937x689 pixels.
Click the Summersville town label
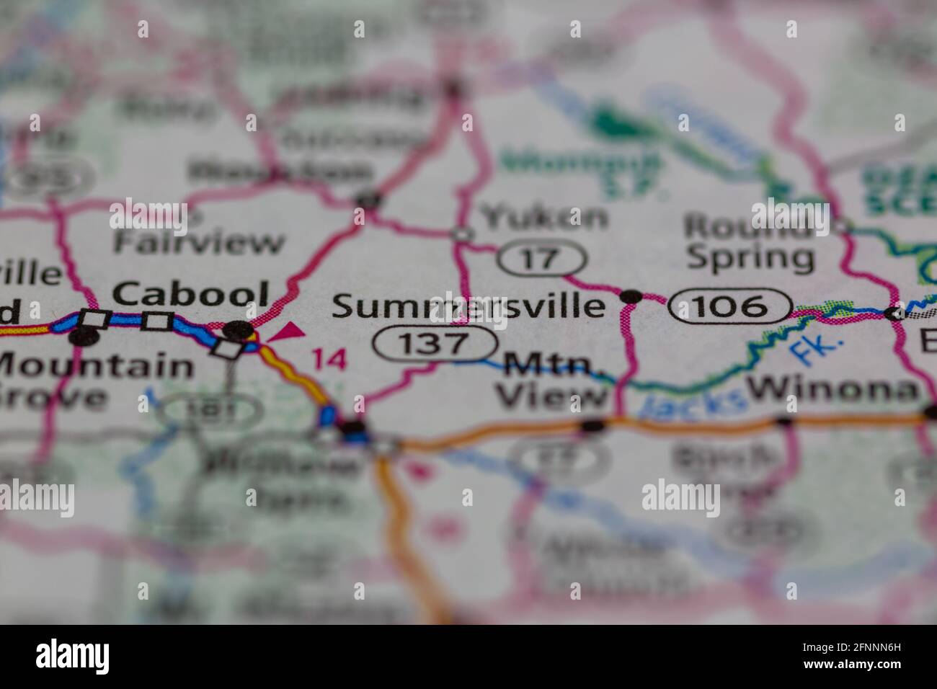tap(468, 307)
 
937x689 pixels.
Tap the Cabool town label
tap(191, 294)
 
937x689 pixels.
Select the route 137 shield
tap(435, 344)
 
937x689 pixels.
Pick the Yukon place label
tap(544, 216)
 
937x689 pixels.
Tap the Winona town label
tap(834, 390)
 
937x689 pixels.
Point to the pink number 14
tap(329, 359)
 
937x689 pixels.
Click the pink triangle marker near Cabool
tap(288, 332)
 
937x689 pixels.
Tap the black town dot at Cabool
tap(239, 331)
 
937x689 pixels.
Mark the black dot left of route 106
tap(631, 295)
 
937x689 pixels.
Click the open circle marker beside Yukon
tap(461, 234)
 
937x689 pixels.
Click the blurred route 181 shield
tap(209, 411)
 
